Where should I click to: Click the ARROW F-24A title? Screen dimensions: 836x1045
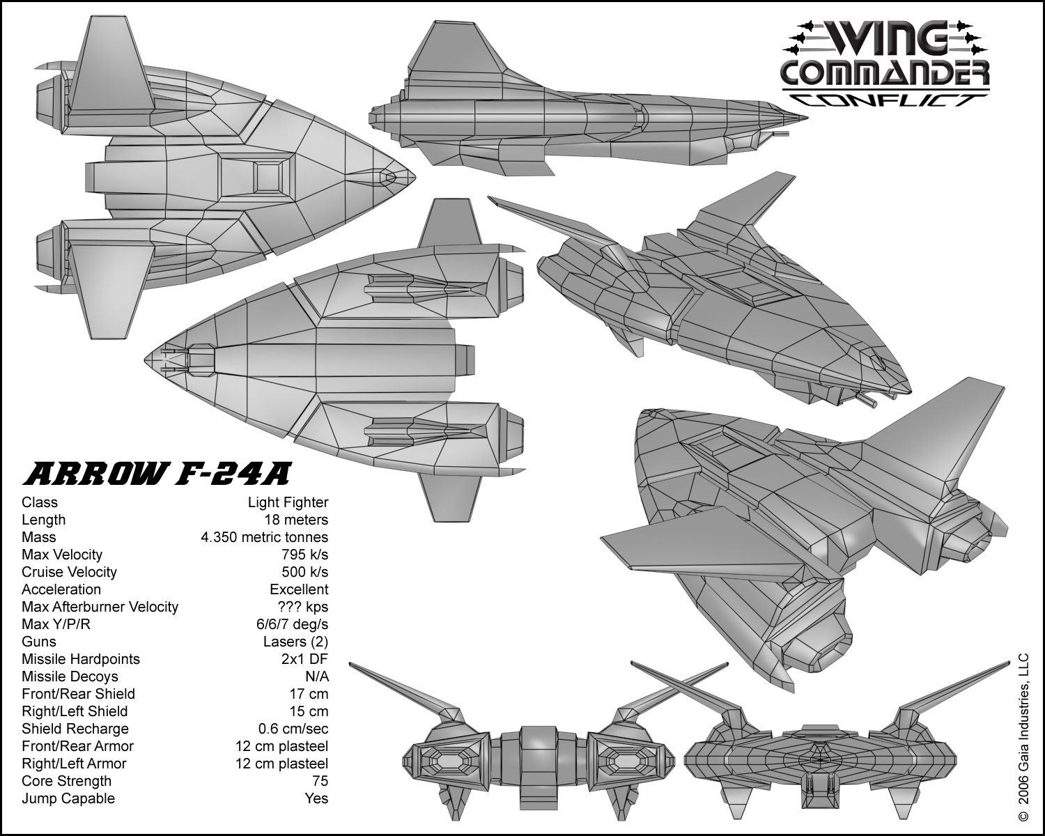point(156,474)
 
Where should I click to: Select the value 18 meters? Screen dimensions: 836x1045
point(296,520)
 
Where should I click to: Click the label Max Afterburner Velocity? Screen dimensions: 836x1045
point(100,607)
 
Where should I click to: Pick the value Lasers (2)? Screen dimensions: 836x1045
point(295,642)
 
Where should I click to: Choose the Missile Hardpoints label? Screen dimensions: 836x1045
point(81,659)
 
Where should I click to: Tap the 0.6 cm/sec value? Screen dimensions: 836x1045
point(293,729)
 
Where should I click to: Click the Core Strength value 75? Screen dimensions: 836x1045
point(320,781)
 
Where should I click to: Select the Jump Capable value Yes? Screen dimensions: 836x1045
point(316,798)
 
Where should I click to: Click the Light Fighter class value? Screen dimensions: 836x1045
point(288,502)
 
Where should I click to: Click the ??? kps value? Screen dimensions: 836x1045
point(302,607)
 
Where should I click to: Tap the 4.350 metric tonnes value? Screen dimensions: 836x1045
point(264,537)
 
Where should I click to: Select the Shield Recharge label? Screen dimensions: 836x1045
point(75,729)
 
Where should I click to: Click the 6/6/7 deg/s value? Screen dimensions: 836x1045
point(292,624)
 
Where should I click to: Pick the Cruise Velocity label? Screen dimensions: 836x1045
point(69,572)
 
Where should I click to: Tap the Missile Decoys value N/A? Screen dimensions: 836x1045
point(317,676)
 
